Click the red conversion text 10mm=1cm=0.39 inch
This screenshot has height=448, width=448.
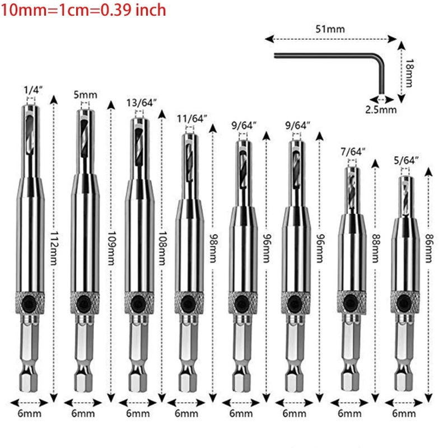coord(84,10)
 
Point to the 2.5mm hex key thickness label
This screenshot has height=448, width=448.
coord(381,110)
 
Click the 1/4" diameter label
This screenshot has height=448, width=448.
coord(32,89)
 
